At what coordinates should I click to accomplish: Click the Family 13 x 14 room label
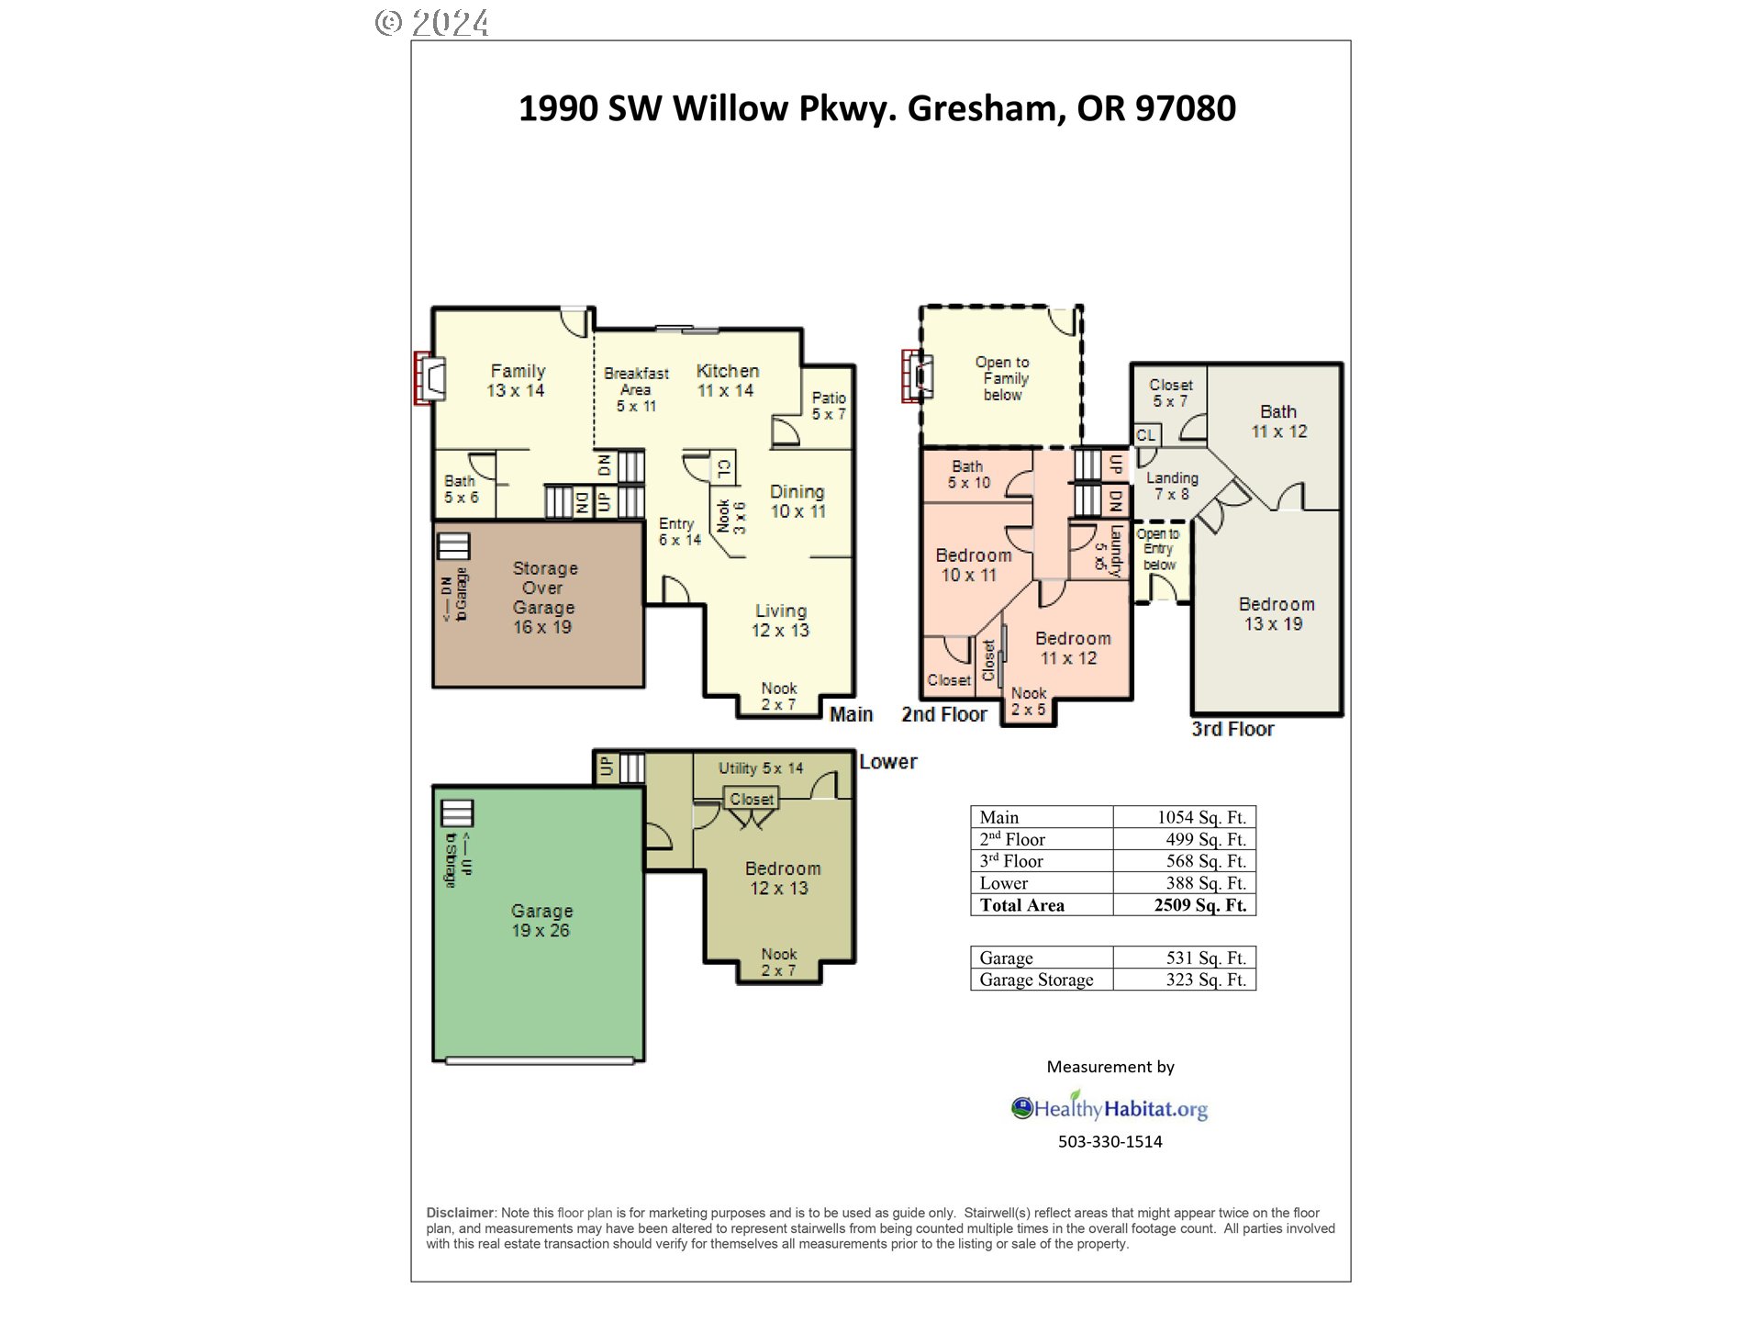click(x=517, y=380)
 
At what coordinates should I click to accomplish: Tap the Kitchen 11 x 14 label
click(x=726, y=380)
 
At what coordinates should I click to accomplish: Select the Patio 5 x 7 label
click(x=828, y=405)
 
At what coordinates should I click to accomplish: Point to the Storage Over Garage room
click(x=542, y=598)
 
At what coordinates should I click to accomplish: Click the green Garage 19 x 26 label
click(x=541, y=920)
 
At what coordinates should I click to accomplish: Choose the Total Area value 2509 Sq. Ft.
click(x=1199, y=905)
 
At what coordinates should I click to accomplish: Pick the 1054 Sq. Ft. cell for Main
click(x=1200, y=817)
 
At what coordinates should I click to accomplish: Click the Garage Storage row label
click(x=1036, y=980)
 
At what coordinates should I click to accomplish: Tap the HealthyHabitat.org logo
click(x=1110, y=1108)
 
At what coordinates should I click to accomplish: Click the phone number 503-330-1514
click(x=1110, y=1141)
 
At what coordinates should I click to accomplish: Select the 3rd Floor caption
click(x=1232, y=729)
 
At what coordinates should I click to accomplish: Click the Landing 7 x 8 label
click(x=1172, y=486)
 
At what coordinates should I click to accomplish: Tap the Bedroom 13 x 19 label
click(x=1276, y=613)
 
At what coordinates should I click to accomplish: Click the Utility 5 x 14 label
click(x=760, y=768)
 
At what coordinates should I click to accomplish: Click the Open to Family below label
click(x=1003, y=378)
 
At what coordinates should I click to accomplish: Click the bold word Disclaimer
click(x=460, y=1213)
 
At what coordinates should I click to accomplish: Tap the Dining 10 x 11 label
click(x=797, y=501)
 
